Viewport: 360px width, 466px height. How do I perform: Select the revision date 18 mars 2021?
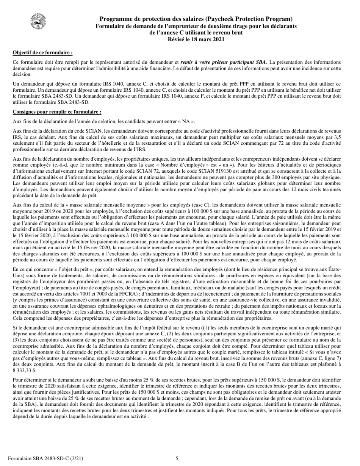coord(203,39)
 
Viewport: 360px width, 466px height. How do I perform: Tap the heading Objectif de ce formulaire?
coord(42,53)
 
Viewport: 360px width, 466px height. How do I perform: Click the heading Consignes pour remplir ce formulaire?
coord(57,112)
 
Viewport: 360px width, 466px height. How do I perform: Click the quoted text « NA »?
coord(188,122)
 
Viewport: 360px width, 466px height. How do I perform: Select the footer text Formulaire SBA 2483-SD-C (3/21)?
coord(45,459)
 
